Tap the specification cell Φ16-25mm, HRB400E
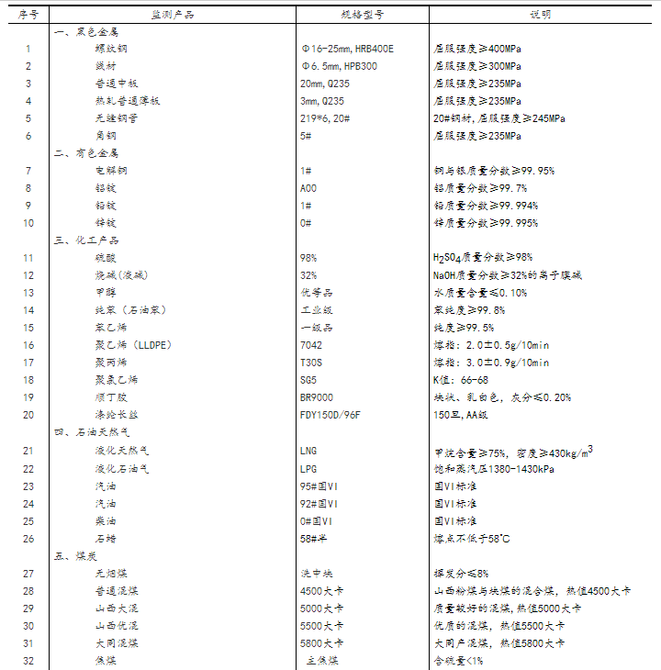pyautogui.click(x=347, y=49)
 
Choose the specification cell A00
pyautogui.click(x=308, y=188)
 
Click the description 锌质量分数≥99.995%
pyautogui.click(x=486, y=223)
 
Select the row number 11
pyautogui.click(x=28, y=258)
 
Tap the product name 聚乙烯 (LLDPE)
pyautogui.click(x=133, y=345)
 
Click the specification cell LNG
pyautogui.click(x=308, y=451)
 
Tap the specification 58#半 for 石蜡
pyautogui.click(x=314, y=538)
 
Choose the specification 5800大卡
pyautogui.click(x=321, y=642)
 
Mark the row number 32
pyautogui.click(x=28, y=660)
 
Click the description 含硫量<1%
pyautogui.click(x=458, y=660)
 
